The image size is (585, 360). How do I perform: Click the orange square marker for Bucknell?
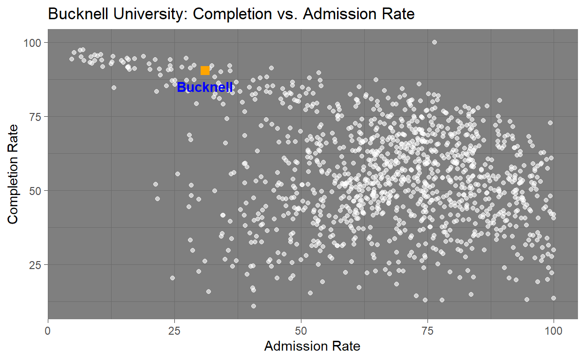pos(205,70)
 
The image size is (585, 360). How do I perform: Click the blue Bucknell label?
pos(205,87)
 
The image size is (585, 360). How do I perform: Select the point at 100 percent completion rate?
pos(434,42)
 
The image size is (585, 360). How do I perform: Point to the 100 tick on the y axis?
pos(36,43)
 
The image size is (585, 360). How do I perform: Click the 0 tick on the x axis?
pos(48,330)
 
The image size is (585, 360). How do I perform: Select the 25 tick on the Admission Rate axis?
pos(174,330)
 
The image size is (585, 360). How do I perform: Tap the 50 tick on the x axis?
pos(301,330)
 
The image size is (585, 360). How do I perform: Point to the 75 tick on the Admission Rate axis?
pos(427,330)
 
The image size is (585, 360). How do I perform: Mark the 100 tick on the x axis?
pos(554,330)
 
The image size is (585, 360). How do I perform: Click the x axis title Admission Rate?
pos(312,346)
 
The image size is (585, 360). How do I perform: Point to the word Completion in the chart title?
pos(231,15)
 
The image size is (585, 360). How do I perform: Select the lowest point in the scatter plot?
pos(254,306)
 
